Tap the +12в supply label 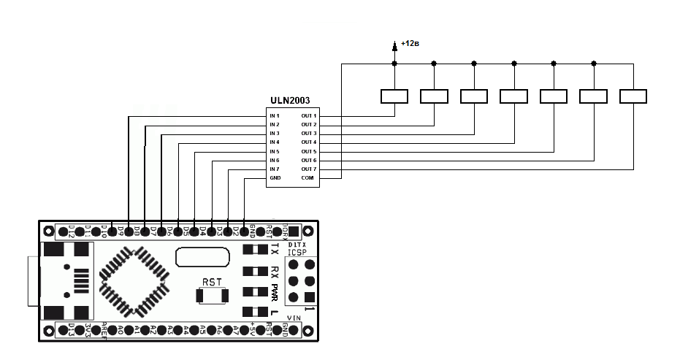(410, 44)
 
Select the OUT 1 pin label (309, 116)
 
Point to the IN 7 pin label (275, 169)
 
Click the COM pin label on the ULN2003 (307, 177)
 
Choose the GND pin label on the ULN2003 (275, 177)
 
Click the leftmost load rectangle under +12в (394, 96)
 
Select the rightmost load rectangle (633, 96)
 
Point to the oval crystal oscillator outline (200, 257)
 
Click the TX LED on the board (256, 250)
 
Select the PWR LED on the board (256, 292)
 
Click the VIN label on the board (293, 318)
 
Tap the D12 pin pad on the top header (64, 231)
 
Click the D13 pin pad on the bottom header (64, 331)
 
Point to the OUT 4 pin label (309, 142)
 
